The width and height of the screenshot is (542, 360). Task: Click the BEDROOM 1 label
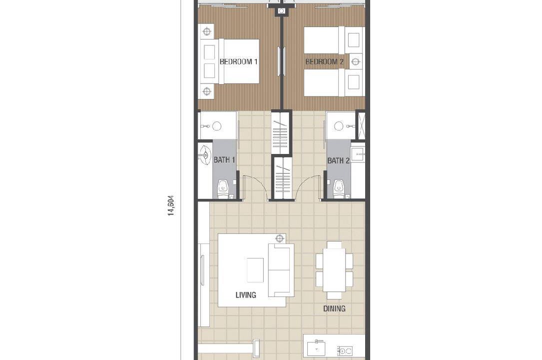click(238, 62)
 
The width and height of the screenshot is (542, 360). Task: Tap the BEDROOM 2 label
click(324, 62)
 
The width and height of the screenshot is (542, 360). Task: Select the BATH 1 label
click(224, 160)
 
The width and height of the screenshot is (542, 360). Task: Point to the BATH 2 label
click(338, 161)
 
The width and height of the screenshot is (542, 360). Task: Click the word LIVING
click(246, 295)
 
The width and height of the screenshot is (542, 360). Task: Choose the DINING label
click(334, 308)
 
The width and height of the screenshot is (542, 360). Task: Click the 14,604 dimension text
click(171, 206)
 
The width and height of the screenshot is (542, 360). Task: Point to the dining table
click(334, 270)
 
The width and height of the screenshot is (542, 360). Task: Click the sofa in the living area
click(281, 270)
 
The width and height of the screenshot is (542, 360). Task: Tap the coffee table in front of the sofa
click(255, 270)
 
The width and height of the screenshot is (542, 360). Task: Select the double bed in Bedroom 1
click(230, 61)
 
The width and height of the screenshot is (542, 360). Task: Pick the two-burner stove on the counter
click(345, 350)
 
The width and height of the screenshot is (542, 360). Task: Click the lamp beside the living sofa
click(279, 238)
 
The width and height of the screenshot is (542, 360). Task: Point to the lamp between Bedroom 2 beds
click(355, 62)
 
